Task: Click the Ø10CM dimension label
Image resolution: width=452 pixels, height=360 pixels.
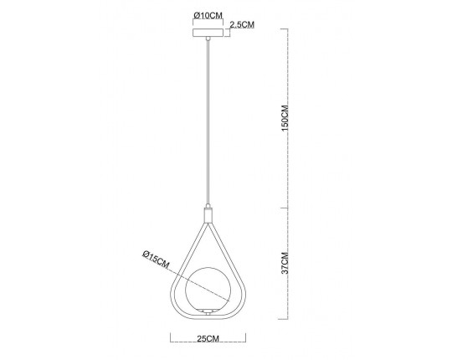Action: (208, 15)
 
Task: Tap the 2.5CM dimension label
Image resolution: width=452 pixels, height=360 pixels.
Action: (242, 25)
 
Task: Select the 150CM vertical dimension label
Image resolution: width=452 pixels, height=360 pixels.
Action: (285, 118)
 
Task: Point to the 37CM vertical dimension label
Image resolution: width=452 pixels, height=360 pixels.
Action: (285, 263)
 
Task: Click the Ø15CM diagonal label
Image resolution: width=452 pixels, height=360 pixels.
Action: (156, 260)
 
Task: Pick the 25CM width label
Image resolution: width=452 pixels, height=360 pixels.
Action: (208, 338)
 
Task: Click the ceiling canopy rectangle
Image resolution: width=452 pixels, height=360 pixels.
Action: (208, 33)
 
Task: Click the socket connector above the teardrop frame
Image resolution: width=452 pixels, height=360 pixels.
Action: (208, 213)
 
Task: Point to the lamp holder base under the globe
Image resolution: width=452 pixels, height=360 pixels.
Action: (208, 311)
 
